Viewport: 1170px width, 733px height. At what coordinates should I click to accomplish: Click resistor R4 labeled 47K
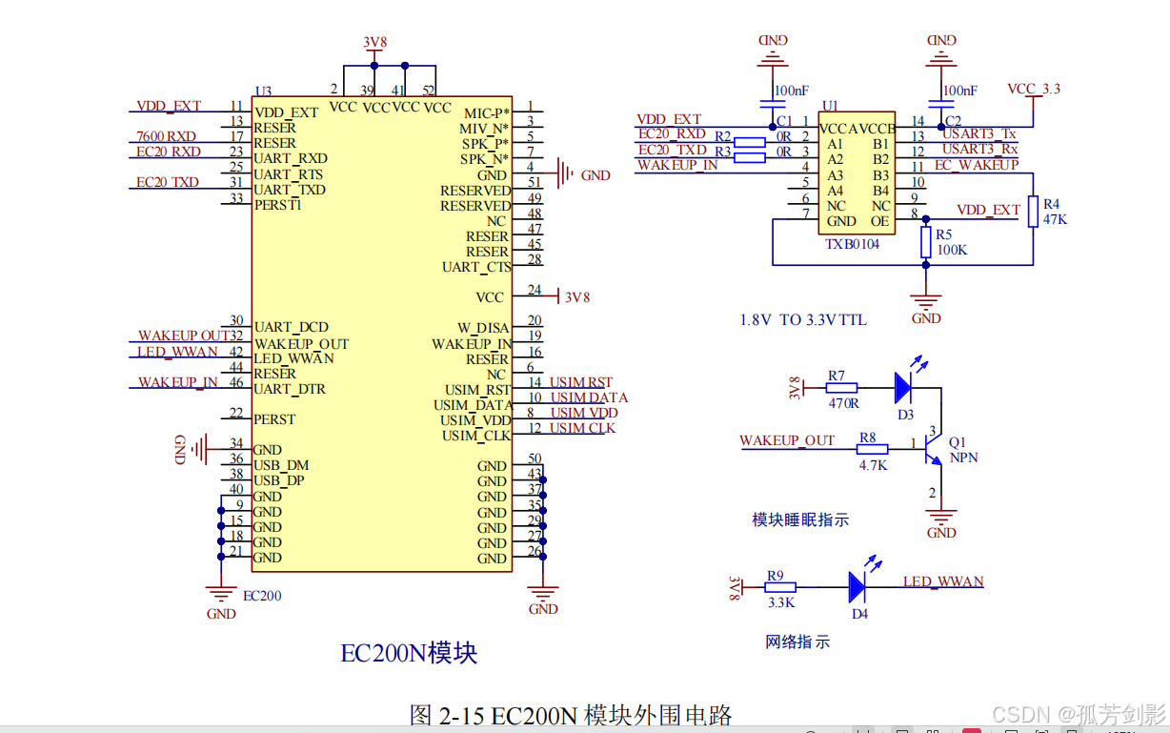point(1033,212)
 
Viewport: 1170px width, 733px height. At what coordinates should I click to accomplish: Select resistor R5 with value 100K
point(925,242)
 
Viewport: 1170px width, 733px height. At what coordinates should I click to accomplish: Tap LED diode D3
point(904,387)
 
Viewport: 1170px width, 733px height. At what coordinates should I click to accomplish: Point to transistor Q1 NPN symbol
point(934,449)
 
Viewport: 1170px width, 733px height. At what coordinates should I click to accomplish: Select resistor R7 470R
point(841,388)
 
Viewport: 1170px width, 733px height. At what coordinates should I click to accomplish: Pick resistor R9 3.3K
point(780,588)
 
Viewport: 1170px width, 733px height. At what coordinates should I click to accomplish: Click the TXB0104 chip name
point(852,244)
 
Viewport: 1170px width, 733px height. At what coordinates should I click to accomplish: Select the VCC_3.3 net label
point(1034,89)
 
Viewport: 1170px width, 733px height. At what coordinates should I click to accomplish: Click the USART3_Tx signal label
point(979,134)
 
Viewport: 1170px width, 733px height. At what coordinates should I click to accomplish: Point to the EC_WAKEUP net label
point(976,165)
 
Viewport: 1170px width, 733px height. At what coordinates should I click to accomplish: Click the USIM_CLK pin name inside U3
point(475,436)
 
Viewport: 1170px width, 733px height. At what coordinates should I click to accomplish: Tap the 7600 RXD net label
point(166,136)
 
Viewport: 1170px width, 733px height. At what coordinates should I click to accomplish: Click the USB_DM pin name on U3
point(281,465)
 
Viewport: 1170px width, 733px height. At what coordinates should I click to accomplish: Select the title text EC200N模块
point(409,653)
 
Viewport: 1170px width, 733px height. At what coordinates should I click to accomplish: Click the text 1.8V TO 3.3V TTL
point(803,320)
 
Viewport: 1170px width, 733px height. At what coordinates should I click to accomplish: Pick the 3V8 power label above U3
point(373,42)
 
